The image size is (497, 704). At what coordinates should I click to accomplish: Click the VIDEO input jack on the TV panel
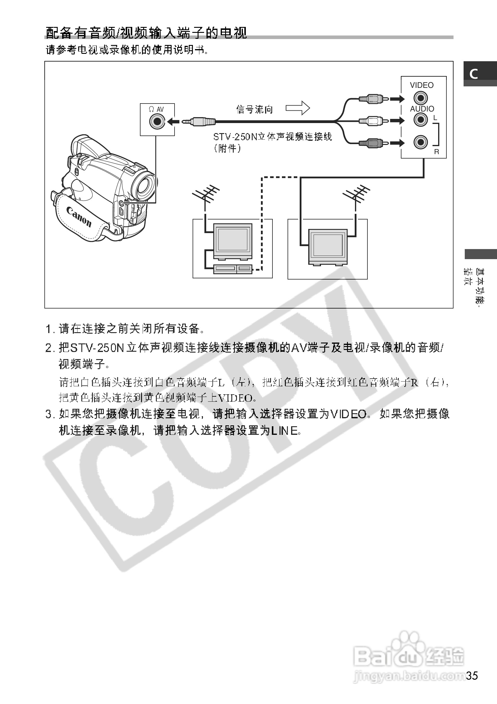(420, 98)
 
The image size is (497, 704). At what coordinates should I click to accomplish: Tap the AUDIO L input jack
(420, 120)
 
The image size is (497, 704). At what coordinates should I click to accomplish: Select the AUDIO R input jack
(420, 142)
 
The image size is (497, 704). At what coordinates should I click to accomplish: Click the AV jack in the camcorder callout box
(157, 121)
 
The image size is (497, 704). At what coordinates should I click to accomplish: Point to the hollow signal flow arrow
(298, 108)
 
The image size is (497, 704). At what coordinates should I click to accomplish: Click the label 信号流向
(254, 109)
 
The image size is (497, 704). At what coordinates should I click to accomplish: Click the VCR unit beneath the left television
(233, 269)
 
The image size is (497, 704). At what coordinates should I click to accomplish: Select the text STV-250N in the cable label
(235, 137)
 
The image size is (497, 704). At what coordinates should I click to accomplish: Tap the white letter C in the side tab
(474, 74)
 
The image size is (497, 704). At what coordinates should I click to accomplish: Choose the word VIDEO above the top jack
(422, 85)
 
